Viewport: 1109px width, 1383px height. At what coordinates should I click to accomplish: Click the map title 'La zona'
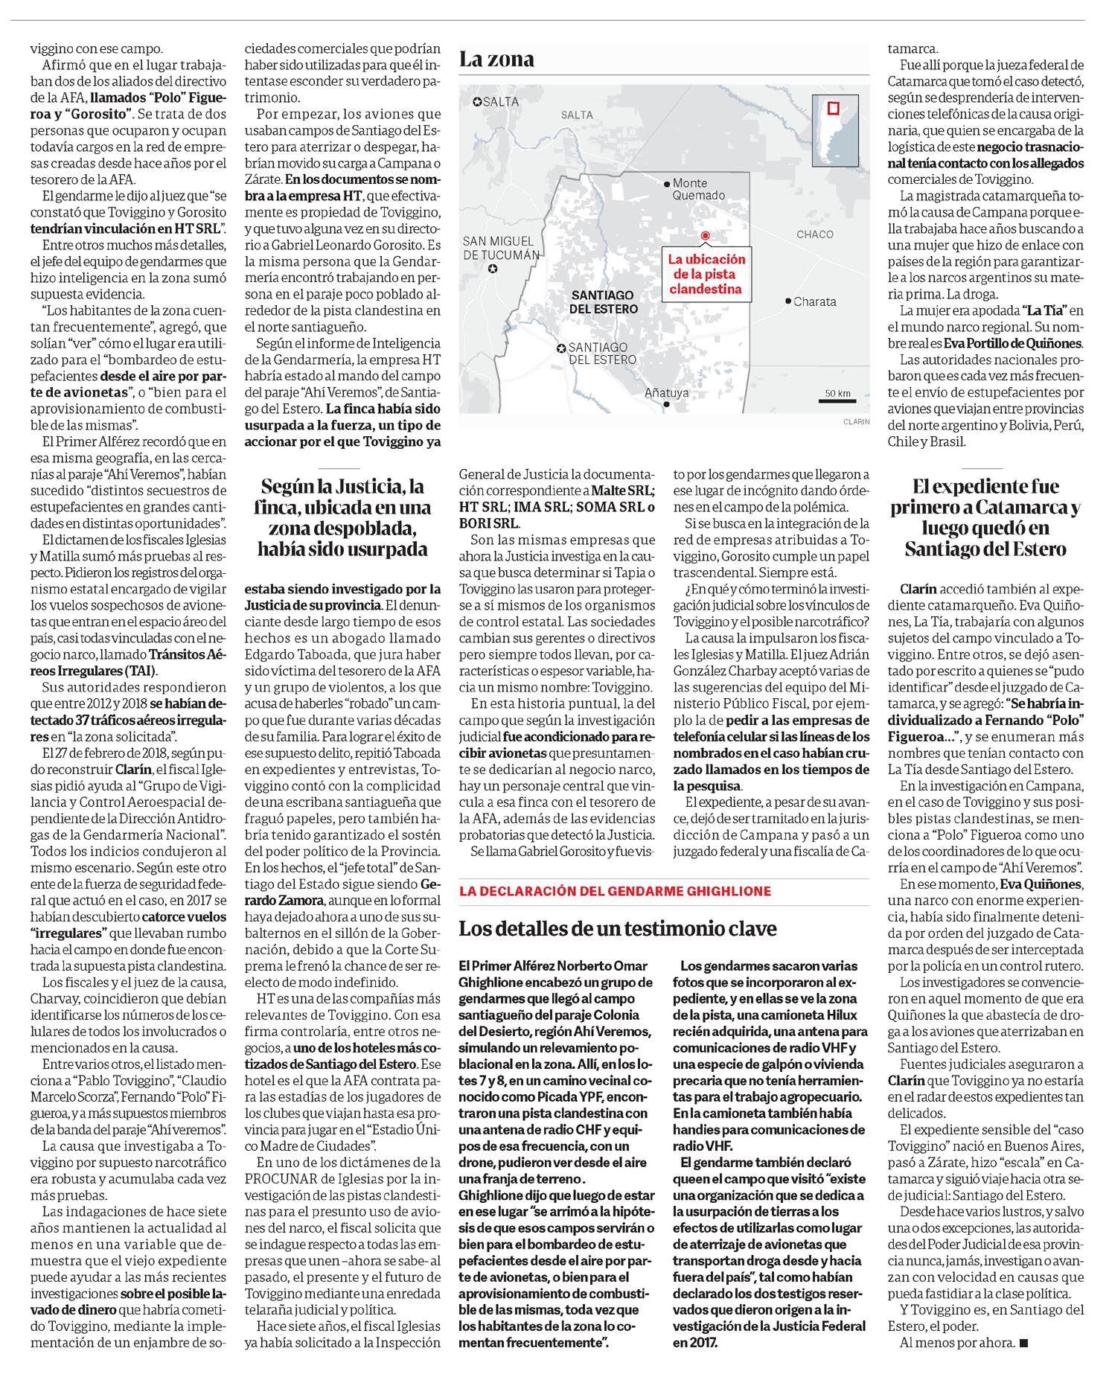click(x=496, y=60)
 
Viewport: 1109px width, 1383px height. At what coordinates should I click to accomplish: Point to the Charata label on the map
click(x=814, y=301)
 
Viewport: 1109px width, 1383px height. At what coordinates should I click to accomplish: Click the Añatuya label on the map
click(x=666, y=393)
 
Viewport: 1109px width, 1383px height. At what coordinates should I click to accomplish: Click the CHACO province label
click(x=814, y=234)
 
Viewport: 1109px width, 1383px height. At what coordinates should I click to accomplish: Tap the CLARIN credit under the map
click(x=856, y=422)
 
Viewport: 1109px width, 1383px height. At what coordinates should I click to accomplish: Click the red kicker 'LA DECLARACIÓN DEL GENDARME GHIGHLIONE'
click(x=615, y=891)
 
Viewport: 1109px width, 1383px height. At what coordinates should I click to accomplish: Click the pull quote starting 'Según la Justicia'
click(x=345, y=518)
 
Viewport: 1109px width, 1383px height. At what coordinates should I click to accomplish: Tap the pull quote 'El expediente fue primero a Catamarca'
click(x=985, y=518)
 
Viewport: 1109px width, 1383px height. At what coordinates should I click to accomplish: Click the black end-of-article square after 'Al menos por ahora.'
click(x=1023, y=1344)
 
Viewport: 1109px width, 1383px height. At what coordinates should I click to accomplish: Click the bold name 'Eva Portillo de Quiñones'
click(x=1013, y=343)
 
